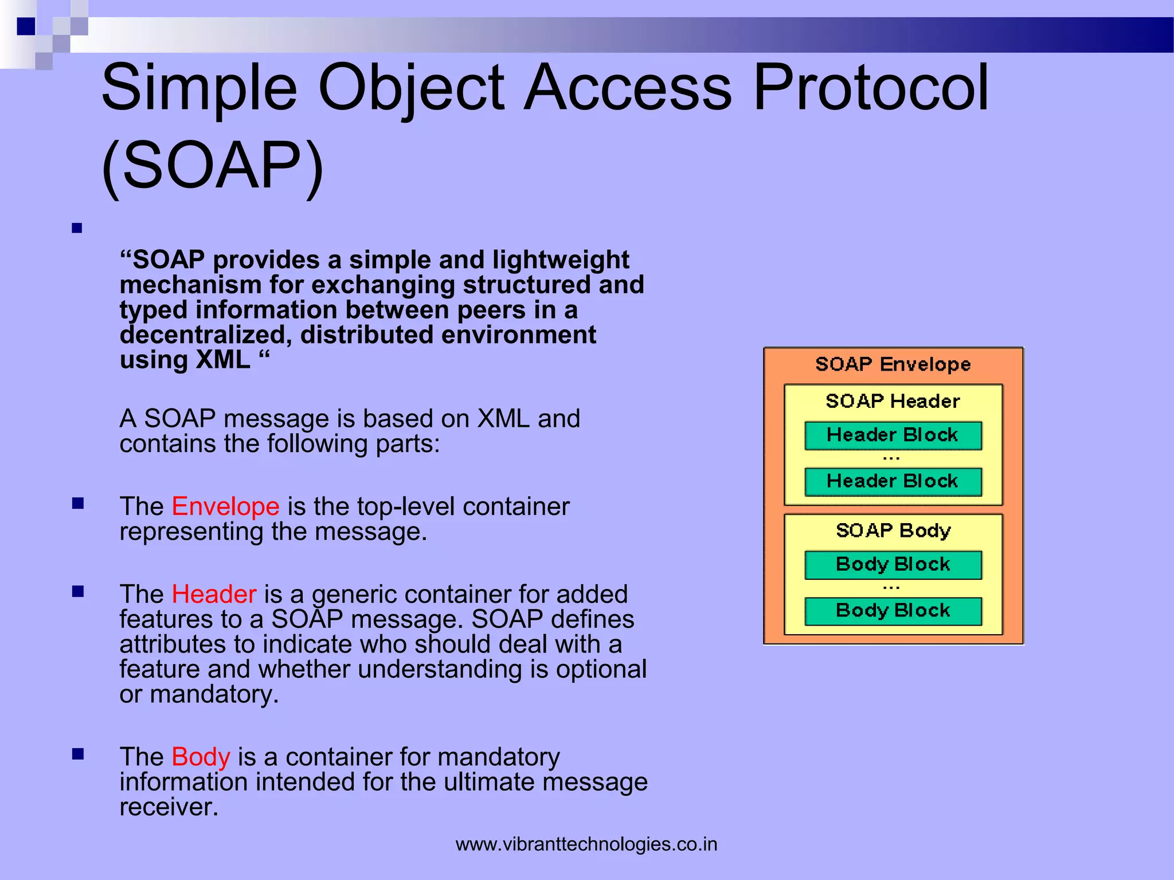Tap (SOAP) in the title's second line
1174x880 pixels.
(x=212, y=166)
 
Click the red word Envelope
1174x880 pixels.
(x=225, y=506)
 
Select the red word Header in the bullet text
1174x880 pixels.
(x=214, y=594)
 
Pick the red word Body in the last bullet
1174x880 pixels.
(x=201, y=757)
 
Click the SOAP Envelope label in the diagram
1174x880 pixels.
(x=893, y=364)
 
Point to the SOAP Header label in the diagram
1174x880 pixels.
(x=893, y=401)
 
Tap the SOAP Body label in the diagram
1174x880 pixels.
(x=893, y=531)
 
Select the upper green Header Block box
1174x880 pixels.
(x=893, y=435)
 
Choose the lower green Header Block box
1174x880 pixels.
(x=893, y=482)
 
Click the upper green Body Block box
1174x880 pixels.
(x=893, y=565)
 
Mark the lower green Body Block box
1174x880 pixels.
(x=893, y=611)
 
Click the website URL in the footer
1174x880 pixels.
(x=586, y=844)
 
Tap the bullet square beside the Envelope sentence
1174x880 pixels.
(x=78, y=504)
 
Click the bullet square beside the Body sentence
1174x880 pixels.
(x=78, y=754)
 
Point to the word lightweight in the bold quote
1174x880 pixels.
(x=560, y=260)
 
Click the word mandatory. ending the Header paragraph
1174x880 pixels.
(x=214, y=694)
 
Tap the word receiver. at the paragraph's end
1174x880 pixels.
(x=169, y=807)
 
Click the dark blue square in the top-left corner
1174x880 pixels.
(x=26, y=26)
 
